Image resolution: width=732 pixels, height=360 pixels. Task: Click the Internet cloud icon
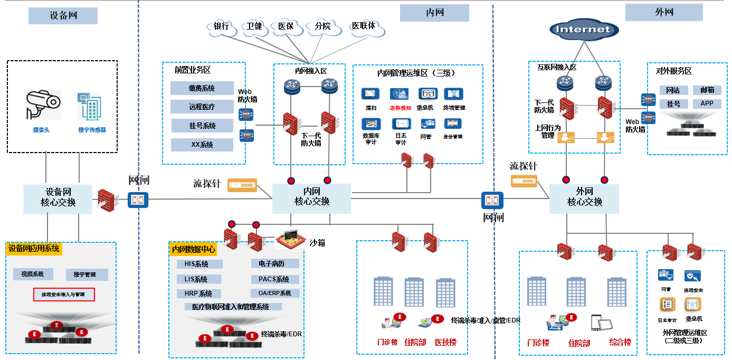(584, 30)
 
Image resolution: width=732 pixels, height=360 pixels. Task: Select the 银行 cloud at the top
(221, 26)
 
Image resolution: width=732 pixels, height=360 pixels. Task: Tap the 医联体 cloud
(365, 26)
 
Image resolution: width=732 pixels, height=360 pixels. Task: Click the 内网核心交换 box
(311, 198)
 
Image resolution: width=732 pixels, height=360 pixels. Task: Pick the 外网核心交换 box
(584, 198)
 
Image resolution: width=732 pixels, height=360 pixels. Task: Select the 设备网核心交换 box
(58, 198)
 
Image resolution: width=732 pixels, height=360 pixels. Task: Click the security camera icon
(43, 104)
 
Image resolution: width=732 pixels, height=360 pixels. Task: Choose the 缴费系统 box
(202, 88)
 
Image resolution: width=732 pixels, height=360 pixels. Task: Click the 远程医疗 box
(202, 107)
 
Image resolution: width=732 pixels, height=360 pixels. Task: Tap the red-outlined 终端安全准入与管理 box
(64, 294)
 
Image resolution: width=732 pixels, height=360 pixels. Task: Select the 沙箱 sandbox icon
(291, 238)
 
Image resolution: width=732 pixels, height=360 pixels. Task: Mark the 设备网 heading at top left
(63, 16)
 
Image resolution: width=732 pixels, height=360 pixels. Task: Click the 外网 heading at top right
(664, 12)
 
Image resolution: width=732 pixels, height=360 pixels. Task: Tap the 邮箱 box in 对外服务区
(707, 90)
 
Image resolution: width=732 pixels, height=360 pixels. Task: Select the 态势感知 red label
(400, 108)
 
